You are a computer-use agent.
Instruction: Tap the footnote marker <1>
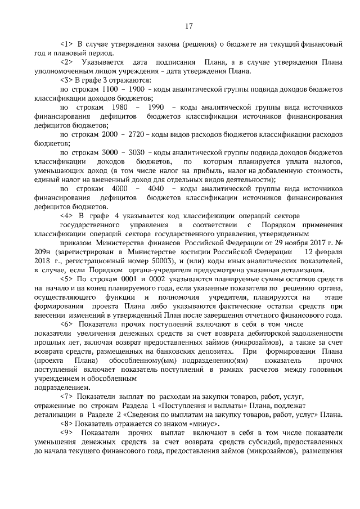coord(66,43)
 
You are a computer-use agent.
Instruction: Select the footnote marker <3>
coord(66,80)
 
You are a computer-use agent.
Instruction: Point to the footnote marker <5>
coord(66,278)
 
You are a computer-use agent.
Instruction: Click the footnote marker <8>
coord(66,423)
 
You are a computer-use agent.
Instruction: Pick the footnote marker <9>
coord(66,432)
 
